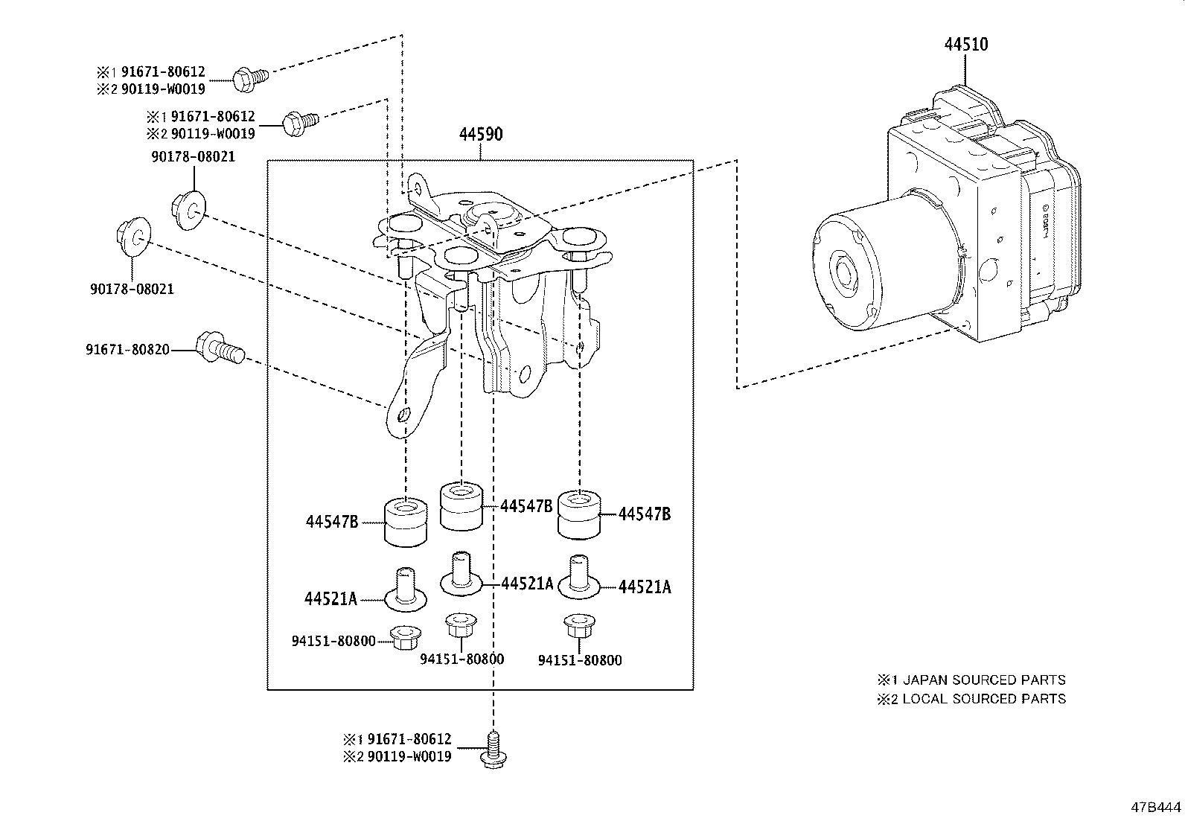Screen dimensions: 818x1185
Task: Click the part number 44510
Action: point(965,44)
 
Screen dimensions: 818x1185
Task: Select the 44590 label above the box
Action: point(480,135)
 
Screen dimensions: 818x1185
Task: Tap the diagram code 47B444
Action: point(1155,807)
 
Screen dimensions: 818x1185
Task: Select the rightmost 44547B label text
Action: point(645,514)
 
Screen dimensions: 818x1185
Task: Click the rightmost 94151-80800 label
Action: point(579,660)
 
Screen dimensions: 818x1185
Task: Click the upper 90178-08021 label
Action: point(193,157)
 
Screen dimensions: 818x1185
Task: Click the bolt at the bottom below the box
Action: point(492,749)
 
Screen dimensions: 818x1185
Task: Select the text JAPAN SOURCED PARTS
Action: point(983,680)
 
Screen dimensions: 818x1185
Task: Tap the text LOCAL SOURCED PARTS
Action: point(983,699)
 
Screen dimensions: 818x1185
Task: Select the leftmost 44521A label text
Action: point(330,598)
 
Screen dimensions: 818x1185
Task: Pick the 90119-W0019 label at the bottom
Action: point(408,757)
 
